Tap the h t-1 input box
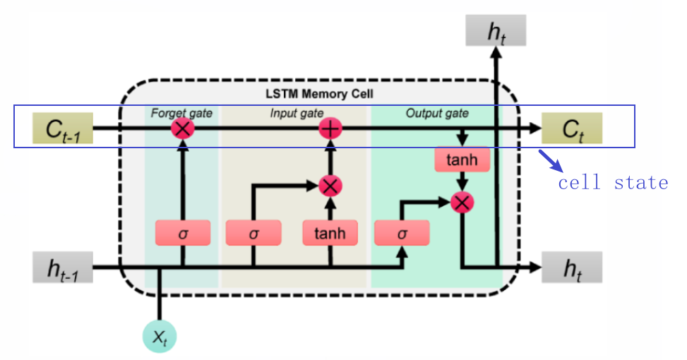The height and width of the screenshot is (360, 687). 62,268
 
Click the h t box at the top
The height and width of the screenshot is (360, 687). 496,31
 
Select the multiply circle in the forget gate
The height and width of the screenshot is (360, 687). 183,129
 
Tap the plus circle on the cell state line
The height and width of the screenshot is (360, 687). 330,129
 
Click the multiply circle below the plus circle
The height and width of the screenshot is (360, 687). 330,186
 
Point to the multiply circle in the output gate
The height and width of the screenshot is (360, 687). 462,203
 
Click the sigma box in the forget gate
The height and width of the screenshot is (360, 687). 183,232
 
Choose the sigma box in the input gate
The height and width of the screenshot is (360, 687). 253,232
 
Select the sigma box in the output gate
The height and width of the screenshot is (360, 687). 402,232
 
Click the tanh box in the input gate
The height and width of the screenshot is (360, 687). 330,232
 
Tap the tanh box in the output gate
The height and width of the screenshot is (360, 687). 462,160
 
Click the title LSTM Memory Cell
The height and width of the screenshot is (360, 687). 320,93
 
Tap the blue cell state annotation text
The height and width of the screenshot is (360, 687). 612,183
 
